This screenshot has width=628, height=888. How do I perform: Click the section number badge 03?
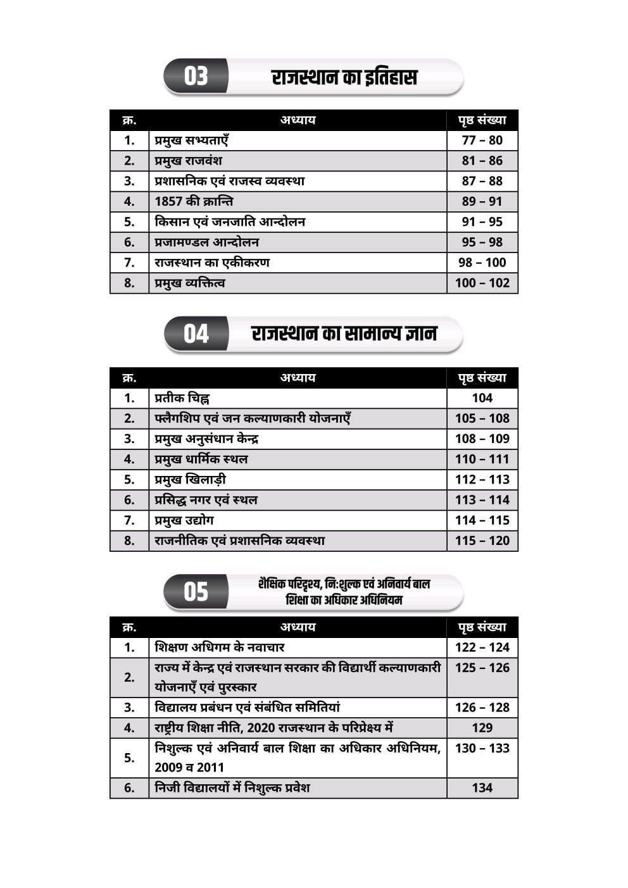(x=196, y=77)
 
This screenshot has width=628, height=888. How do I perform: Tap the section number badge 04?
(x=196, y=334)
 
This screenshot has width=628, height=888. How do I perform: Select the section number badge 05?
(x=196, y=592)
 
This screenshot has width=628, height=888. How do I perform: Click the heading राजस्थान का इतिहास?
(x=344, y=77)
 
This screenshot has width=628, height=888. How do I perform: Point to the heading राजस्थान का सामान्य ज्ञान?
(x=344, y=334)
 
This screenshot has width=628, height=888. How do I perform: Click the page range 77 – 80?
(x=482, y=141)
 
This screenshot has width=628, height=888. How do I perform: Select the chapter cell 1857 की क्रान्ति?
(x=194, y=201)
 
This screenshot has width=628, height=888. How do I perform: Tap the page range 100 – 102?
(x=482, y=283)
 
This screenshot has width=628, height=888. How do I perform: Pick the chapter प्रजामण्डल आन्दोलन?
(x=206, y=242)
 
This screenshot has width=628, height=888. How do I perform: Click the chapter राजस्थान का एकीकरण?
(x=212, y=263)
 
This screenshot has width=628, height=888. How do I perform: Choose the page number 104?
(x=482, y=398)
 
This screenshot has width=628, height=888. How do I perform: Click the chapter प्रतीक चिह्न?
(x=182, y=398)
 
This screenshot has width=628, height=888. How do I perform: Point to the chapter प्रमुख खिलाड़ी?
(x=190, y=480)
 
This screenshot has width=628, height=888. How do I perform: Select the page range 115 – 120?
(x=482, y=541)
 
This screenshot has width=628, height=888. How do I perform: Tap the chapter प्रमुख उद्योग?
(x=184, y=520)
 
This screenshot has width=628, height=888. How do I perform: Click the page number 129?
(x=482, y=728)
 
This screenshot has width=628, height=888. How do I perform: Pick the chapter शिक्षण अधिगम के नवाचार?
(x=220, y=647)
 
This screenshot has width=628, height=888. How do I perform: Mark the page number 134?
(x=482, y=788)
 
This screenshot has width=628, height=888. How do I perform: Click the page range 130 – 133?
(x=482, y=748)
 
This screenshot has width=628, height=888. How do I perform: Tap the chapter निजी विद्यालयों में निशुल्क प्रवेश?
(x=232, y=788)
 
